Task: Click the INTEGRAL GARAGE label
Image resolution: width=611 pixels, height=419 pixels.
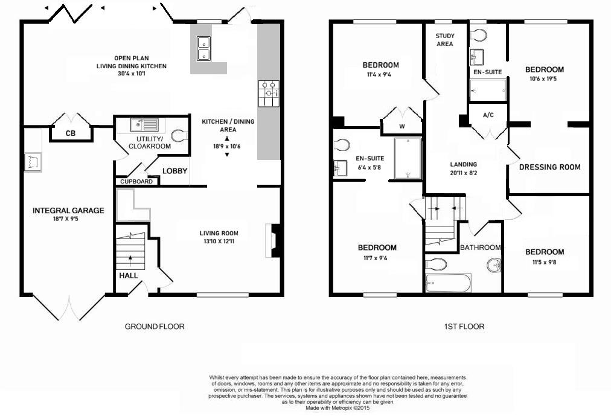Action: (x=68, y=211)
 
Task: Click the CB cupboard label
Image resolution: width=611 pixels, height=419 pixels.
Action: (x=71, y=133)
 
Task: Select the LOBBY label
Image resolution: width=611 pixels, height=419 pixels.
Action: (x=174, y=171)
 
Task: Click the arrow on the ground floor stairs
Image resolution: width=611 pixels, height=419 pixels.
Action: (x=131, y=260)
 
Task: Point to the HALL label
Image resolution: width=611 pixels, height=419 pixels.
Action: (x=128, y=275)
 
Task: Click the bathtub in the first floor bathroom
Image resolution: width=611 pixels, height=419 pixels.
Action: (x=448, y=283)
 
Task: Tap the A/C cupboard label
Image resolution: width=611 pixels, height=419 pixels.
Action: (x=489, y=115)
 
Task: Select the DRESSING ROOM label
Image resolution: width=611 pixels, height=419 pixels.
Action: (x=549, y=167)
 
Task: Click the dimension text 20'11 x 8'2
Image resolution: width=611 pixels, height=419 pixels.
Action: (x=463, y=173)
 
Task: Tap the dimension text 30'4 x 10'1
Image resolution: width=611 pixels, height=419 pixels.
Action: (x=132, y=74)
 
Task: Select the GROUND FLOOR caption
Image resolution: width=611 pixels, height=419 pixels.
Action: (x=154, y=327)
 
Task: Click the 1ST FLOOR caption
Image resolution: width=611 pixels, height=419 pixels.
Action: (x=464, y=327)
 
